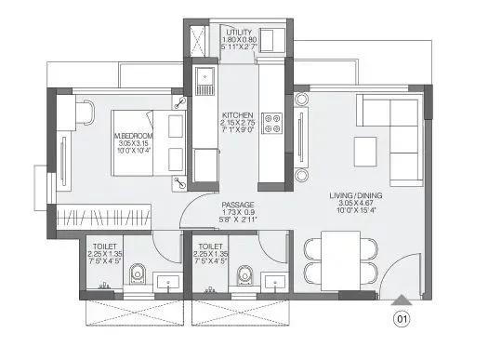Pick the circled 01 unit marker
click(403, 322)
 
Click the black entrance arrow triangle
click(402, 300)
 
